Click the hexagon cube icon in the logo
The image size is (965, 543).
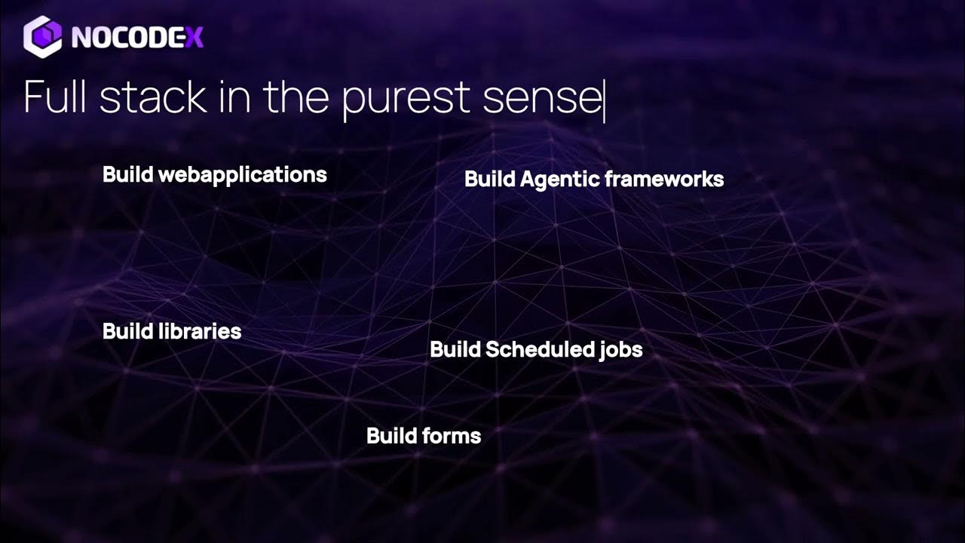point(42,36)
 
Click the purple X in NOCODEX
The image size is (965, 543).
point(195,37)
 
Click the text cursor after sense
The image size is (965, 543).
point(604,99)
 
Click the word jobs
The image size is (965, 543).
point(621,350)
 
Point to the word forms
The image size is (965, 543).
point(452,436)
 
